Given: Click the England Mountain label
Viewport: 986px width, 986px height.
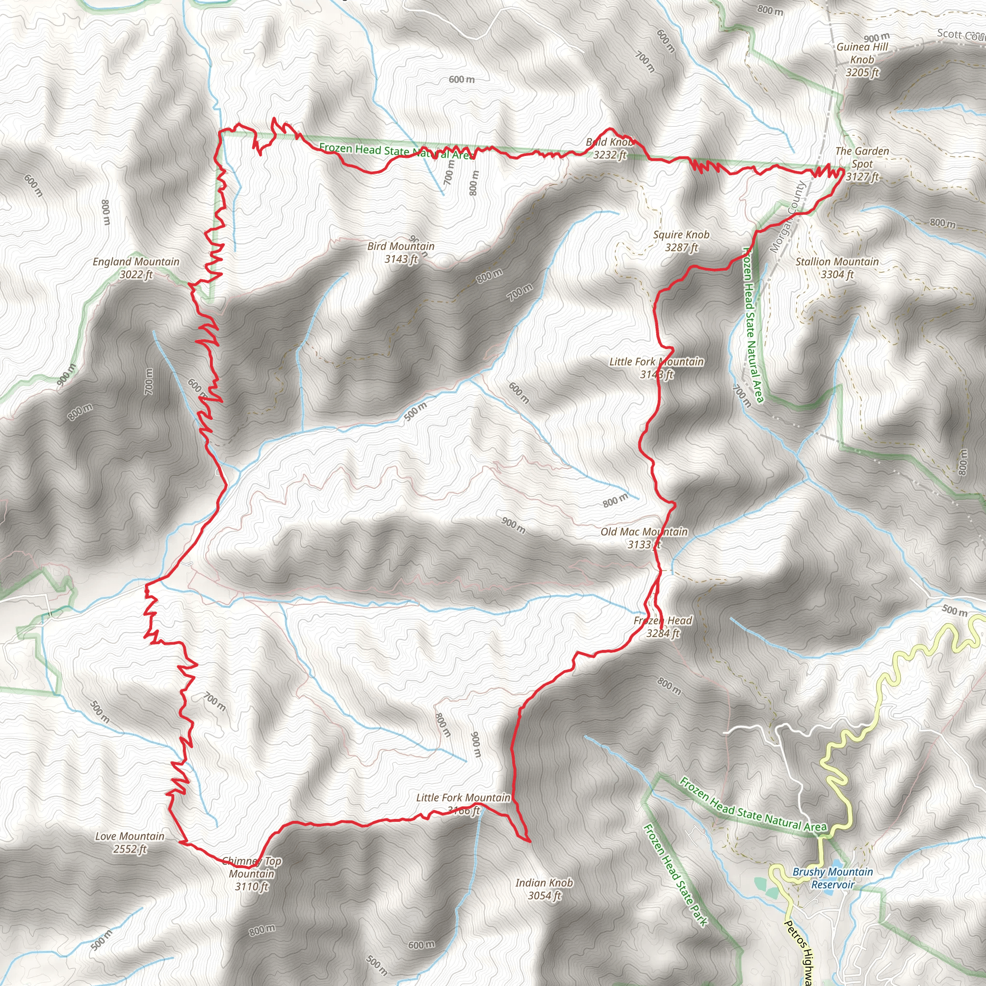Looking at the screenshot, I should [x=136, y=262].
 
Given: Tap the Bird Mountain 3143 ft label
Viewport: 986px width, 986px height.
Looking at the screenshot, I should [x=401, y=253].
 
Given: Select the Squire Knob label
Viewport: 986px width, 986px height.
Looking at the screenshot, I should [x=681, y=235].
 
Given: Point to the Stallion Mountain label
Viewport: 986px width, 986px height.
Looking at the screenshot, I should [x=837, y=262].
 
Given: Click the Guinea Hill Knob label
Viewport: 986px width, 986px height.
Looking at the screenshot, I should [x=862, y=53].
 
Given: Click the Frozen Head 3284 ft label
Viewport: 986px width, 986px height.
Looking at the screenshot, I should [x=662, y=627].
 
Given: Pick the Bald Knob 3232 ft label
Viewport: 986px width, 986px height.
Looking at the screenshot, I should [x=610, y=148].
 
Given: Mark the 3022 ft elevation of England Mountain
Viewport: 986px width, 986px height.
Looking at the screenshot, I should [x=136, y=275].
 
